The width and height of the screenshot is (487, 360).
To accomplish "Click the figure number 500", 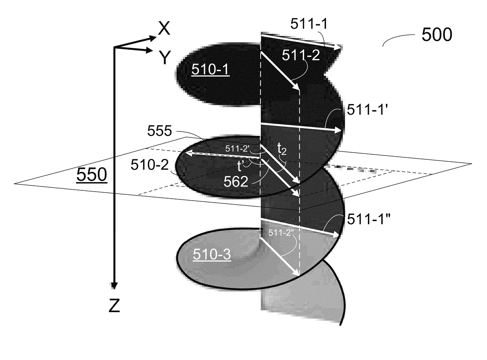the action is click(x=437, y=35).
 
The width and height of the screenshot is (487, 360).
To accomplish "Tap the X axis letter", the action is click(x=164, y=29).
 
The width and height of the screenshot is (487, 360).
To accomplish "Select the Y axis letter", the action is click(x=165, y=57).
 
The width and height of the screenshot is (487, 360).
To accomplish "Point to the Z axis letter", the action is click(x=114, y=305).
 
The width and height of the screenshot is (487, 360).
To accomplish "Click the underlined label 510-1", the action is click(x=211, y=69).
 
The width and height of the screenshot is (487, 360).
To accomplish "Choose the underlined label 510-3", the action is click(x=212, y=254).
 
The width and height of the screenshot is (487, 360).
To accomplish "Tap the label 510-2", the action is click(x=150, y=164).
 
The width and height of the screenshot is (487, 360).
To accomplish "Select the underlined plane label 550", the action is click(x=92, y=175).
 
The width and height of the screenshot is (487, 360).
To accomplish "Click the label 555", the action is click(x=159, y=131).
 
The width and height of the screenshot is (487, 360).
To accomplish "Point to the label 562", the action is click(x=236, y=181).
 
